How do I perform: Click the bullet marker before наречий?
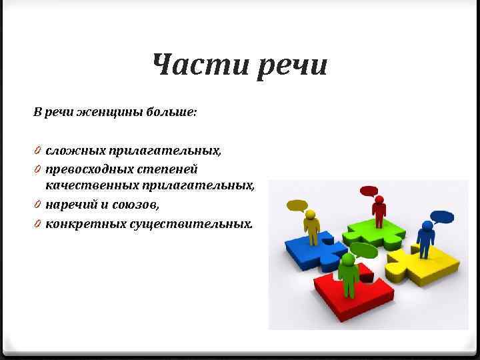(38, 203)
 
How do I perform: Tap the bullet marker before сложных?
(38, 151)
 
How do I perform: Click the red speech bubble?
(369, 191)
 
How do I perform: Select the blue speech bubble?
(441, 216)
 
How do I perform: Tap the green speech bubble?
(363, 251)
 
